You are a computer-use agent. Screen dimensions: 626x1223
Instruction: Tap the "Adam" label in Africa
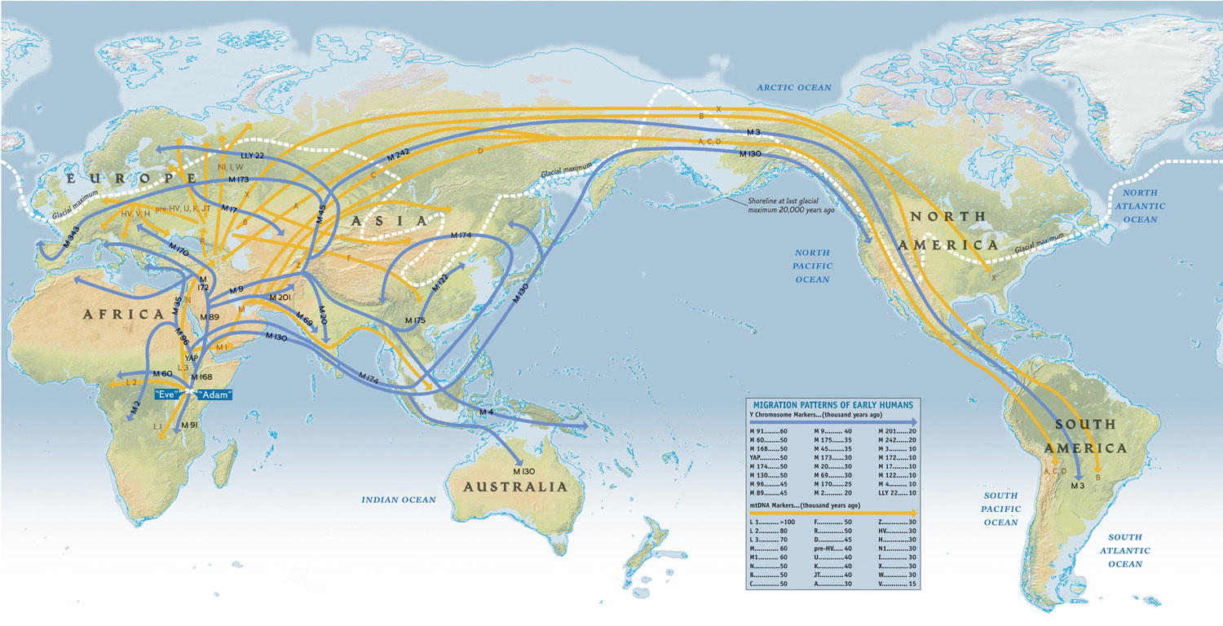[214, 395]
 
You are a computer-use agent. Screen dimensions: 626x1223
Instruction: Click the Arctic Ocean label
[793, 87]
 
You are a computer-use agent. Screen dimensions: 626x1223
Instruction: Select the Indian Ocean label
[399, 499]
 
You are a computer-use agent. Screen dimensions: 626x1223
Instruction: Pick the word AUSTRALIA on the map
[514, 487]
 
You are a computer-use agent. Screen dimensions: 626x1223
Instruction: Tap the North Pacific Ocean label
[812, 267]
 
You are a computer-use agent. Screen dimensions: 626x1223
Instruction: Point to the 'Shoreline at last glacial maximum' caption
[789, 204]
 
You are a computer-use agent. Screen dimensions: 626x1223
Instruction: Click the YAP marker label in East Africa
[192, 358]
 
